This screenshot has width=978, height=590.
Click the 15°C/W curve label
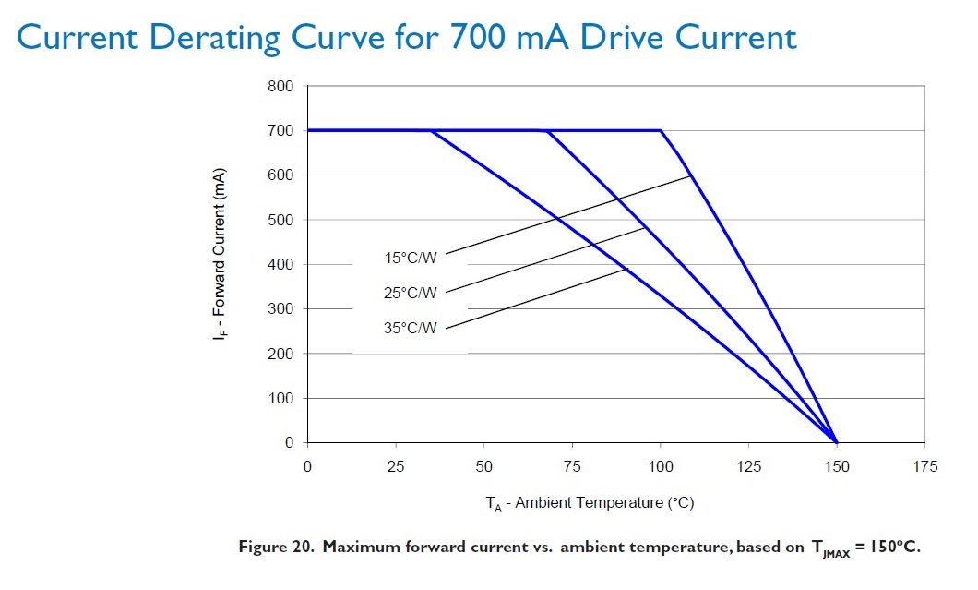(410, 259)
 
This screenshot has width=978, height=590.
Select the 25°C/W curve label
(410, 294)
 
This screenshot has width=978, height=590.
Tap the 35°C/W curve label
(410, 328)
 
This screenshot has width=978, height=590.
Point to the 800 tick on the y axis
(280, 86)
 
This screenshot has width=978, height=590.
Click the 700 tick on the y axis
(280, 130)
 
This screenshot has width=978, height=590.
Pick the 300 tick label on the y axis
(280, 309)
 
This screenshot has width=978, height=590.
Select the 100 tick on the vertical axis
(280, 398)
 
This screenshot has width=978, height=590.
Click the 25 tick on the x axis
(395, 466)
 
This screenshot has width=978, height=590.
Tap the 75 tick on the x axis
(571, 466)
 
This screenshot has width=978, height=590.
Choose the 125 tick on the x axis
(748, 466)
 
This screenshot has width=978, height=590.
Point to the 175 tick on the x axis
(924, 466)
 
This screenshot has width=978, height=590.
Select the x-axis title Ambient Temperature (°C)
(590, 502)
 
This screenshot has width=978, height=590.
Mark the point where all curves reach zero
(836, 442)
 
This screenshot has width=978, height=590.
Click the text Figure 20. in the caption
(277, 548)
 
